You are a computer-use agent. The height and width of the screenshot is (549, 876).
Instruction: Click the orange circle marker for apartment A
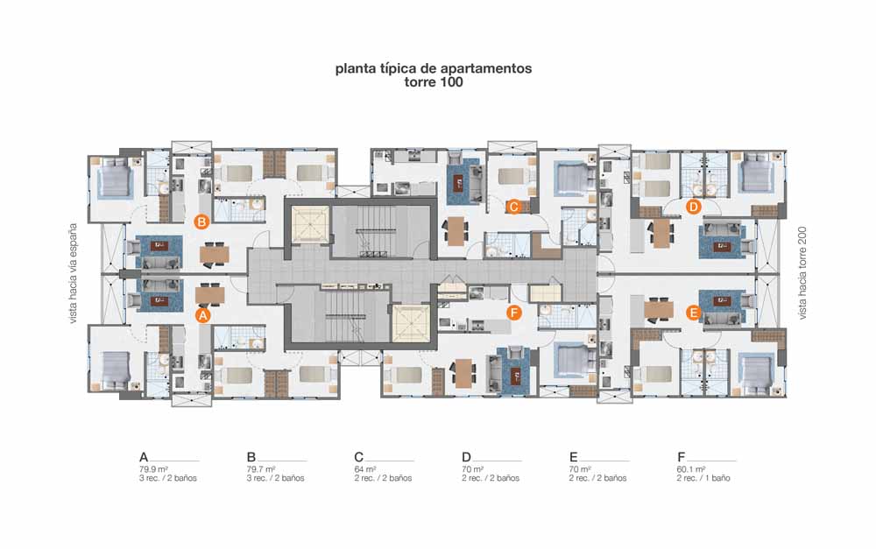click(x=203, y=315)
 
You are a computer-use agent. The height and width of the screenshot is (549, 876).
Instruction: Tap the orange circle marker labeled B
click(x=201, y=222)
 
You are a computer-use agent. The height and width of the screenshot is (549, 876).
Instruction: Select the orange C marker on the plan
click(x=512, y=207)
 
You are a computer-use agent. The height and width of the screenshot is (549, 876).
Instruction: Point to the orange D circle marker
click(x=693, y=207)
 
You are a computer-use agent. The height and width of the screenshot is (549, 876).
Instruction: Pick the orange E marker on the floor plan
click(x=693, y=313)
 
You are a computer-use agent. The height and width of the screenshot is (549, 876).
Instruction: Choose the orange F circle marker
click(x=514, y=313)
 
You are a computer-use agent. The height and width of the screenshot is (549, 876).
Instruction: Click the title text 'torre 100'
click(x=434, y=82)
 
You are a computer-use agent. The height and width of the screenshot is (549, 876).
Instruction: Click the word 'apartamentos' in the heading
click(x=486, y=68)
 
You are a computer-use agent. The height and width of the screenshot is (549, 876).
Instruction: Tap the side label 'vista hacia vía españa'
click(x=73, y=274)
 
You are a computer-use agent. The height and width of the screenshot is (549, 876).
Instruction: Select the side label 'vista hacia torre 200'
click(x=802, y=273)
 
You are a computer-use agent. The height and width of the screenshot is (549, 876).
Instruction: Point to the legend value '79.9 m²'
click(x=154, y=469)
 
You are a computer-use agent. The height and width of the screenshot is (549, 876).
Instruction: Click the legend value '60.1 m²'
click(x=691, y=469)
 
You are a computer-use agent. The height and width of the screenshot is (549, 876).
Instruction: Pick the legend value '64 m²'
click(x=364, y=469)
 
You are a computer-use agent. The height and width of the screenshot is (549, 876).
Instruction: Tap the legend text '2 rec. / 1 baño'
click(x=703, y=478)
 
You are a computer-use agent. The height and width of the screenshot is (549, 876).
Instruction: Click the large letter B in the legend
click(x=251, y=457)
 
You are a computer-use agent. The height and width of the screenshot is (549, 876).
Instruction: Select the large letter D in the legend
click(x=467, y=457)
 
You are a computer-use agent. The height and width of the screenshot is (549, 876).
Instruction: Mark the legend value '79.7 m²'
click(x=261, y=469)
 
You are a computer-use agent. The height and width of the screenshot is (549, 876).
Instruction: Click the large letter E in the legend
click(x=573, y=457)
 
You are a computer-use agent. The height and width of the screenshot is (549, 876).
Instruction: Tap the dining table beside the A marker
click(x=210, y=295)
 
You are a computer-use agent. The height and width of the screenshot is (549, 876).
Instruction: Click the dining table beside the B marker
click(x=214, y=254)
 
